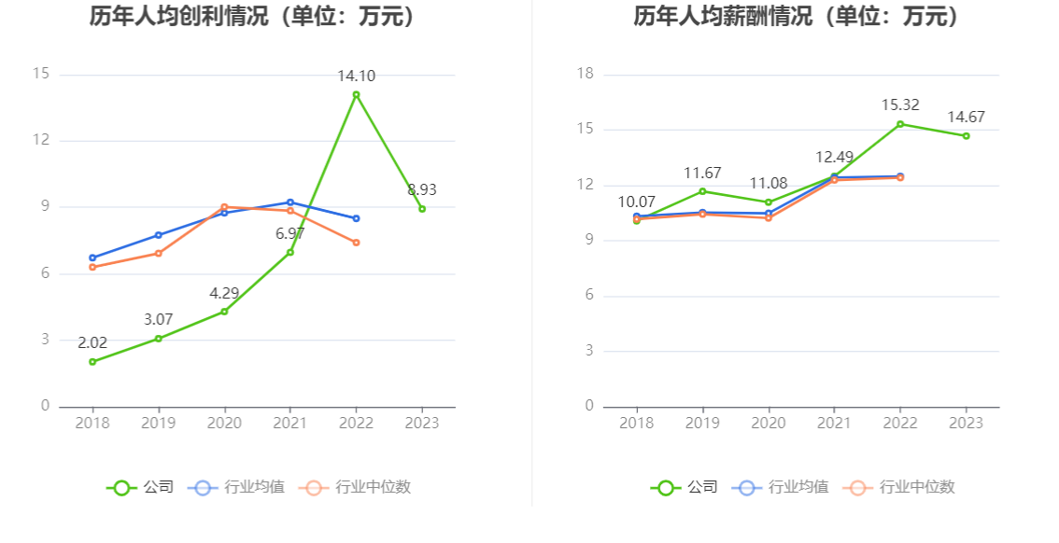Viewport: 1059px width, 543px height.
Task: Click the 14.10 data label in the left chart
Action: click(356, 77)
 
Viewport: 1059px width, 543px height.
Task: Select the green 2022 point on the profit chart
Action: click(356, 94)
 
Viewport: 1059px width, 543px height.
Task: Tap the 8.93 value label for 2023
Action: click(422, 190)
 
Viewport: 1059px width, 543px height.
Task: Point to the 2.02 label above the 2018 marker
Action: click(92, 342)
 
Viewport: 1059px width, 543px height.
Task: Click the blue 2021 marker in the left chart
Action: click(290, 202)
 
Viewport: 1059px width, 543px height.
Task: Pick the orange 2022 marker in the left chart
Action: click(356, 243)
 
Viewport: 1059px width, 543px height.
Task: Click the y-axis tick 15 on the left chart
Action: click(40, 75)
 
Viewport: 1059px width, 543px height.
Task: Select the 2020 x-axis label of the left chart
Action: click(224, 424)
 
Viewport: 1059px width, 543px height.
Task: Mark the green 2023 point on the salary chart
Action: click(967, 136)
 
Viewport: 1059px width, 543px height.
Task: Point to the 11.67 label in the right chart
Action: click(702, 174)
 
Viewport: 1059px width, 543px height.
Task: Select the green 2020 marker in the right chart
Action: click(769, 202)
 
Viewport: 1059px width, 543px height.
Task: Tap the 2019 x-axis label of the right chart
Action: click(702, 424)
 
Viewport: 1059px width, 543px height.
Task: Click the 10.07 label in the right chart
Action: click(637, 202)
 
